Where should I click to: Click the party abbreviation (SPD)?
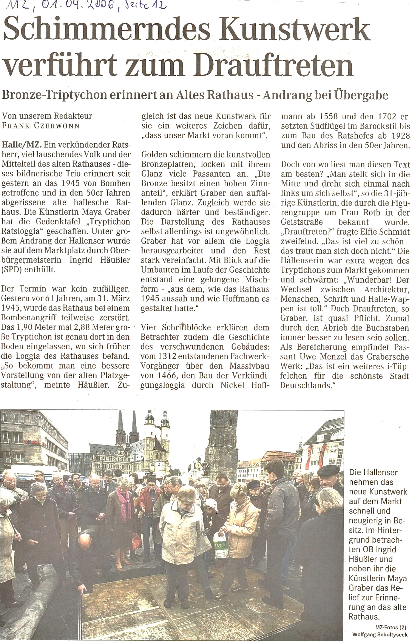coord(12,270)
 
